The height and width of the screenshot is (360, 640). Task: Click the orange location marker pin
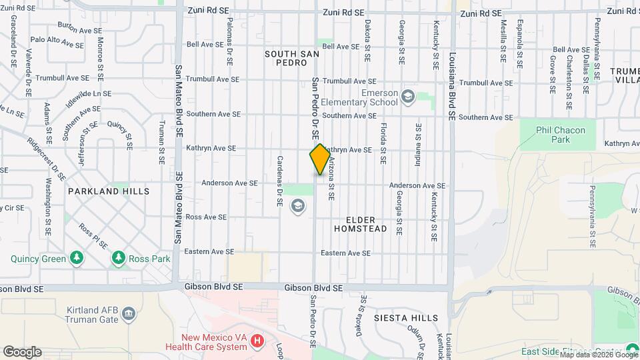(x=320, y=159)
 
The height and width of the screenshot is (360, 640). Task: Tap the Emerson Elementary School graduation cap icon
(x=407, y=98)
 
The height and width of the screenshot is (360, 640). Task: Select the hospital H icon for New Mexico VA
(x=257, y=342)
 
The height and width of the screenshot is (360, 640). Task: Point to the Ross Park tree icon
(x=119, y=257)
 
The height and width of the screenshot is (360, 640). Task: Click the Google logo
(x=22, y=351)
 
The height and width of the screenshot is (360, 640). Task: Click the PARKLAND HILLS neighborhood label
(x=109, y=191)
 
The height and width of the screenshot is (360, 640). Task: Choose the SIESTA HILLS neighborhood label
(x=406, y=318)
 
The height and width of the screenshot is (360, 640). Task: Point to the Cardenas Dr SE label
(x=280, y=180)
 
